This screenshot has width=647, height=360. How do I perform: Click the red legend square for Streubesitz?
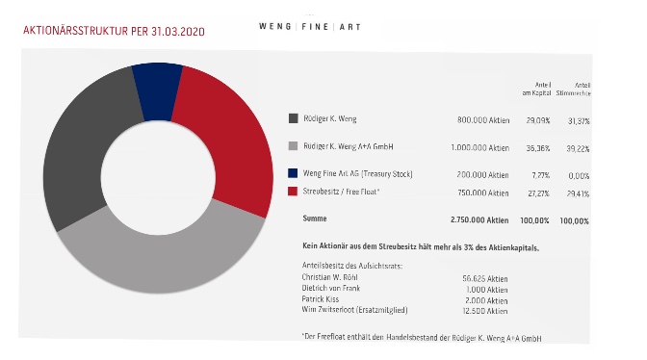pyautogui.click(x=293, y=192)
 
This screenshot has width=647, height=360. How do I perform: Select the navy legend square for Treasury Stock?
pyautogui.click(x=293, y=173)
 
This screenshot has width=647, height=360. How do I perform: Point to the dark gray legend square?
pyautogui.click(x=293, y=118)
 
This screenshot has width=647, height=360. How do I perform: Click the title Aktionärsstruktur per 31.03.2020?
pyautogui.click(x=113, y=31)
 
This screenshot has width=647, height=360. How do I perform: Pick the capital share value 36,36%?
pyautogui.click(x=536, y=148)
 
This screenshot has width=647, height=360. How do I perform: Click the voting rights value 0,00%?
pyautogui.click(x=579, y=176)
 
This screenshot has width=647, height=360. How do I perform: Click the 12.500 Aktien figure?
pyautogui.click(x=484, y=311)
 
